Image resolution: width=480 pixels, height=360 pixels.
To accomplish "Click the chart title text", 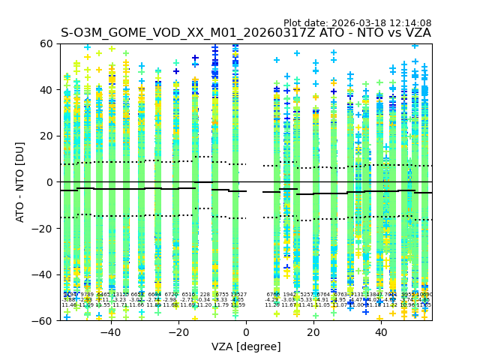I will pyautogui.click(x=246, y=33).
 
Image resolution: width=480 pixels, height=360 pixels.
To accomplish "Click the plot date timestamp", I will pyautogui.click(x=357, y=23).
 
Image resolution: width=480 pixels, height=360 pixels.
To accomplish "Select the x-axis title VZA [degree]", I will pyautogui.click(x=246, y=346).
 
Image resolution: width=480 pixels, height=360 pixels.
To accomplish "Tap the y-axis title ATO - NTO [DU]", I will pyautogui.click(x=20, y=182).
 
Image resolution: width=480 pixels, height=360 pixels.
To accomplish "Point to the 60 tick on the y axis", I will pyautogui.click(x=46, y=43).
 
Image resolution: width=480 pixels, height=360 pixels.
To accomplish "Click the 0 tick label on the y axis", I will pyautogui.click(x=49, y=182).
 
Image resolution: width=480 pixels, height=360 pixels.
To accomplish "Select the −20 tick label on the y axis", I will pyautogui.click(x=43, y=228).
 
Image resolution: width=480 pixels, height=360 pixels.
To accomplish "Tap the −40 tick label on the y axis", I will pyautogui.click(x=43, y=274).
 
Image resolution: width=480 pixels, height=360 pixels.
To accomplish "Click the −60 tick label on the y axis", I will pyautogui.click(x=43, y=320).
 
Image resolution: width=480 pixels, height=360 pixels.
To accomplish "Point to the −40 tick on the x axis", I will pyautogui.click(x=110, y=332).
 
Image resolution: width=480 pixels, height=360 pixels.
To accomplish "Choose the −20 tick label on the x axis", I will pyautogui.click(x=178, y=332).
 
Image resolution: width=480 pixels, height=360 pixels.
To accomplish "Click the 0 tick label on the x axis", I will pyautogui.click(x=246, y=332).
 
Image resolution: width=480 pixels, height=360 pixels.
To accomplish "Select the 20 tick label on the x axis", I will pyautogui.click(x=313, y=332).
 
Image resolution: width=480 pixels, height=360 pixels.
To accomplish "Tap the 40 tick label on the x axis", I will pyautogui.click(x=381, y=332).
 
